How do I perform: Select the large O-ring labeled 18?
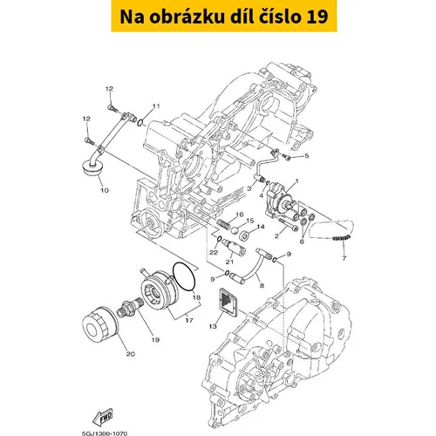click(x=184, y=276)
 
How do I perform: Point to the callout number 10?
click(x=105, y=191)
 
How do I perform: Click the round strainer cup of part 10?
click(x=92, y=169)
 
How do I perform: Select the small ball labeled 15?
click(x=235, y=231)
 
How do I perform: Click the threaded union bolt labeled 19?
click(x=129, y=307)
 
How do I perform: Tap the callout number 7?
click(x=344, y=258)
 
